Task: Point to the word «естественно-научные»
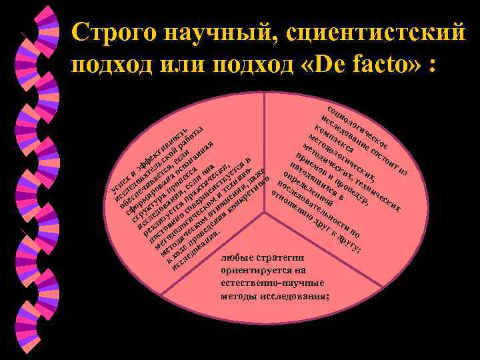(x=271, y=283)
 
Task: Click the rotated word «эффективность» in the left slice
(x=163, y=143)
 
